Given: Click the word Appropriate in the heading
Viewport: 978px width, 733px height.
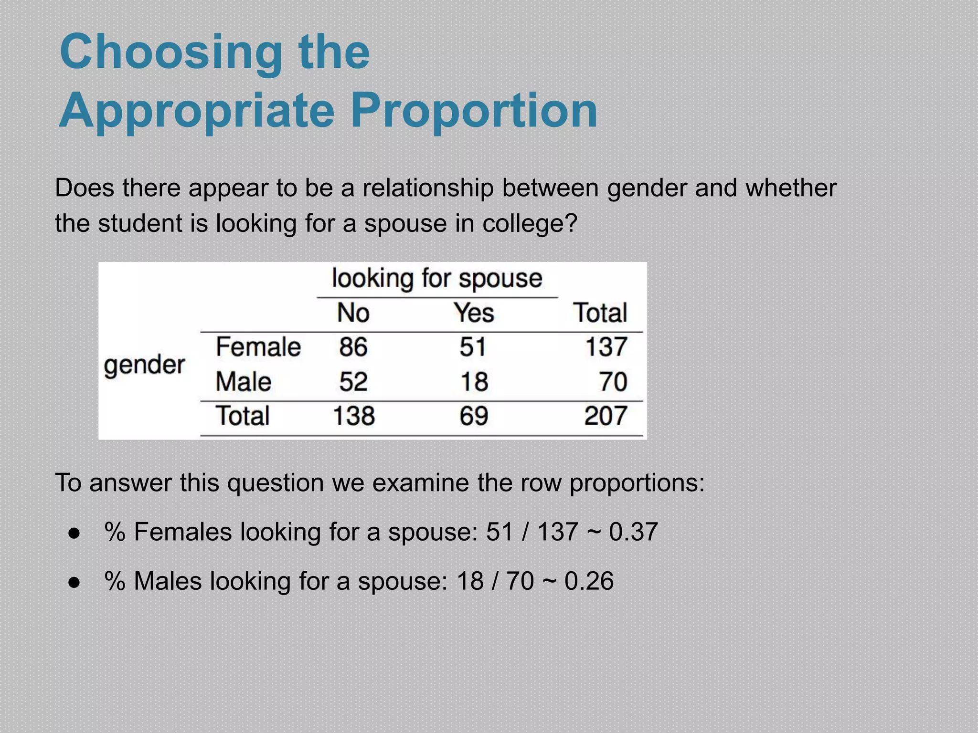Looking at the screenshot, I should click(x=196, y=111).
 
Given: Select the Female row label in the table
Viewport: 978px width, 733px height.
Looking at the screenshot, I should click(x=258, y=346).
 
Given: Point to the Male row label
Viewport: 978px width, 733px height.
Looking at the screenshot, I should click(x=244, y=382).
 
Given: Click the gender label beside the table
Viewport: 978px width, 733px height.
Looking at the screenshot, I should click(x=144, y=366).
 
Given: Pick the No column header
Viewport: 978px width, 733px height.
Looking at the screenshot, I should click(x=353, y=313).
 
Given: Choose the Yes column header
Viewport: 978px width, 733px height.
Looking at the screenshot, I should click(x=474, y=313).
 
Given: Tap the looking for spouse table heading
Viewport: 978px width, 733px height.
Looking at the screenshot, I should click(x=437, y=279).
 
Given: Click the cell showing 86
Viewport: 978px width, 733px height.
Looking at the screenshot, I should click(x=353, y=346).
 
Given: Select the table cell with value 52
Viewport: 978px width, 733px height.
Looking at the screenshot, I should click(x=353, y=382).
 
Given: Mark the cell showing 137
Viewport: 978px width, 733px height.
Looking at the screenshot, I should click(x=606, y=346).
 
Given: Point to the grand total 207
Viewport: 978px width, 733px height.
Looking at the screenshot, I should click(x=606, y=416).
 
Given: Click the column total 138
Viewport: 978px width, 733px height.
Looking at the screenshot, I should click(x=353, y=416).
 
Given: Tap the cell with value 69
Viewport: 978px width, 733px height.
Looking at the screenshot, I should click(x=474, y=416).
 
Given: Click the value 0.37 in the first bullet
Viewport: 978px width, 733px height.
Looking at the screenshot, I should click(x=633, y=532).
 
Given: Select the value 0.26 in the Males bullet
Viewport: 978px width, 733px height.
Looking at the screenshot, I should click(x=589, y=581).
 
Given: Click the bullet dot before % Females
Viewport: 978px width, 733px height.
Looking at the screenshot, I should click(x=74, y=533).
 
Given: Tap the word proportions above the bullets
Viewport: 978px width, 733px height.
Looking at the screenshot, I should click(x=637, y=483).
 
